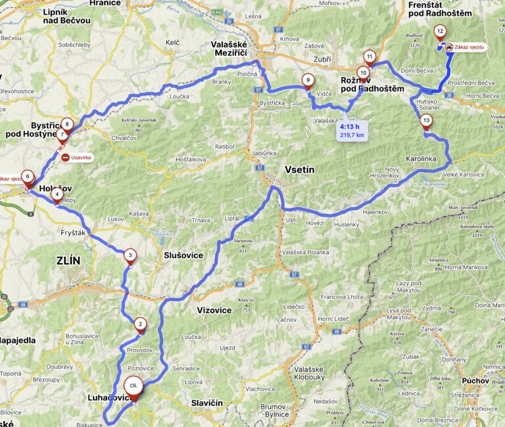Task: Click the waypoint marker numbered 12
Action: pyautogui.click(x=439, y=31)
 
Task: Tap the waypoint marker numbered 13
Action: pyautogui.click(x=426, y=121)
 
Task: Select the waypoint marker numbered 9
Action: pyautogui.click(x=307, y=81)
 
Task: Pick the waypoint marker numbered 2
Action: pyautogui.click(x=140, y=324)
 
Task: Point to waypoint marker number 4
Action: pyautogui.click(x=58, y=194)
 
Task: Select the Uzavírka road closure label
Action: pyautogui.click(x=81, y=158)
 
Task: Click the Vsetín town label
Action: pyautogui.click(x=300, y=170)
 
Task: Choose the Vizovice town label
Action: pyautogui.click(x=214, y=310)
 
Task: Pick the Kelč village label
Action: pyautogui.click(x=172, y=43)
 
